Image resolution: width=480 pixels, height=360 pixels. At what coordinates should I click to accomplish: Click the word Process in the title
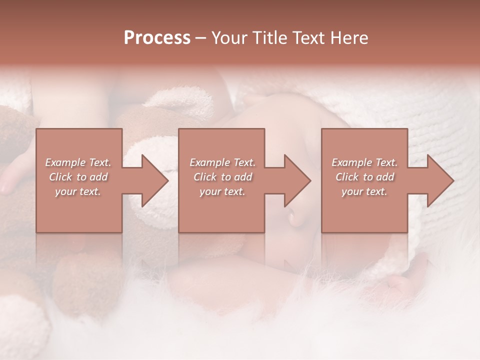click(x=157, y=38)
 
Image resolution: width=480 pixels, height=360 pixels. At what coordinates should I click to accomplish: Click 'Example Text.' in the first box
click(x=78, y=162)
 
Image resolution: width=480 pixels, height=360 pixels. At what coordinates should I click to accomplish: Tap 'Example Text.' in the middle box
click(x=222, y=162)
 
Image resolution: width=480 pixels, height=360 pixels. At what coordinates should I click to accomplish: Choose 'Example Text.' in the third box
click(x=364, y=162)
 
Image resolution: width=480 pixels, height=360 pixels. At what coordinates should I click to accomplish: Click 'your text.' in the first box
click(x=78, y=191)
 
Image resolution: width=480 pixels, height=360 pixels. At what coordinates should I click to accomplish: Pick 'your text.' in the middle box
click(x=222, y=191)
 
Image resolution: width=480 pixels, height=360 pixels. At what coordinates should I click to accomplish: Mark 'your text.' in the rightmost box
click(x=364, y=191)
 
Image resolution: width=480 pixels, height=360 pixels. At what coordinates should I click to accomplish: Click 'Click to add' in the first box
click(x=78, y=177)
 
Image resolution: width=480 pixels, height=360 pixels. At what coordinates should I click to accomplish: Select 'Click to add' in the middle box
click(x=222, y=177)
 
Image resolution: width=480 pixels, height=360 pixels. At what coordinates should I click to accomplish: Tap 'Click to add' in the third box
click(x=364, y=177)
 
